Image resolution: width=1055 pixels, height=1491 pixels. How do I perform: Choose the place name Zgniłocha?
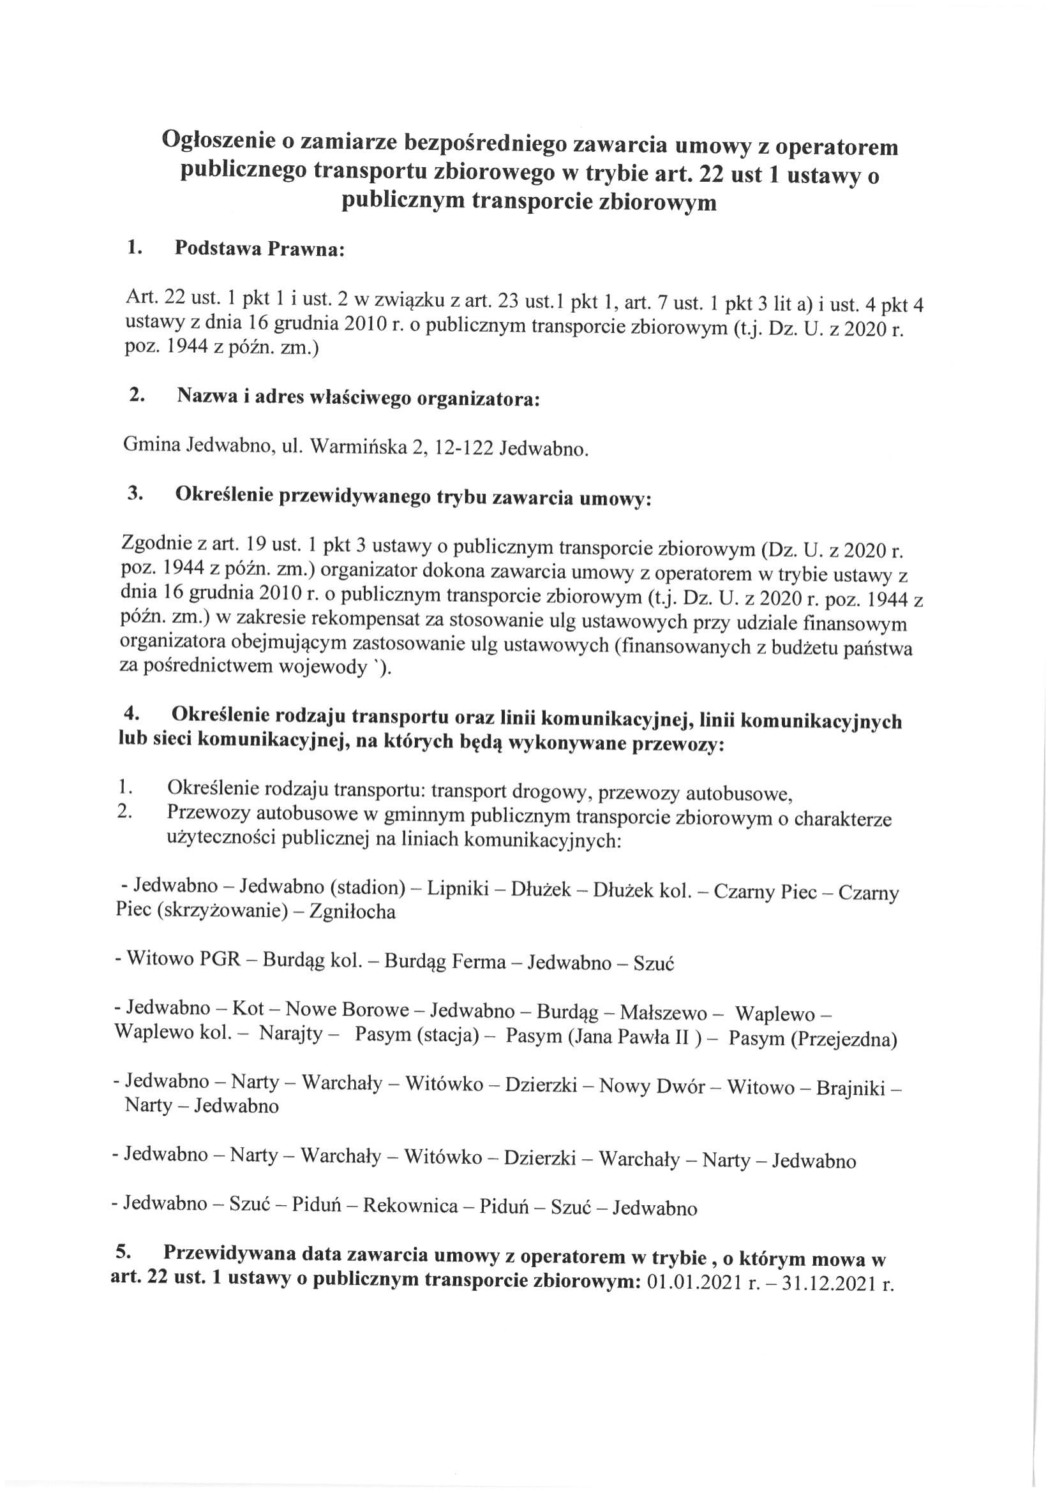[353, 912]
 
